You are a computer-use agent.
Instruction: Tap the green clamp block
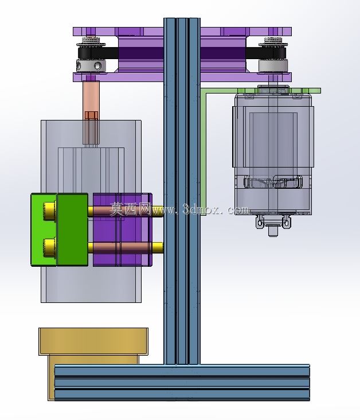click(60, 230)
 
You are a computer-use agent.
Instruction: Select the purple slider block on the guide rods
click(123, 230)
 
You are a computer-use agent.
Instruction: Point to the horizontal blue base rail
click(182, 383)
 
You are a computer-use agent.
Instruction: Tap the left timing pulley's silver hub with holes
click(91, 66)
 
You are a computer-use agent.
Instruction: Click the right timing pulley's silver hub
click(273, 65)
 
